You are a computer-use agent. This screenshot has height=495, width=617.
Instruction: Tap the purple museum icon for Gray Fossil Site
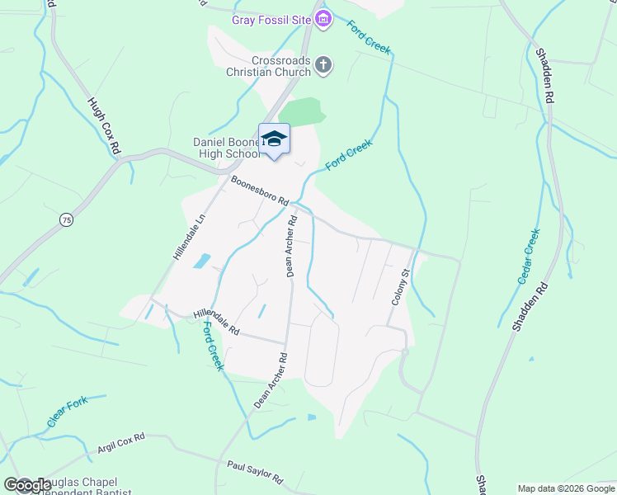(x=323, y=18)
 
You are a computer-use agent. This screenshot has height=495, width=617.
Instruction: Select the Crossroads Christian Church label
(x=269, y=66)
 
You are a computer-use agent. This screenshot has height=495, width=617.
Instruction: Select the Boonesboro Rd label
(x=260, y=191)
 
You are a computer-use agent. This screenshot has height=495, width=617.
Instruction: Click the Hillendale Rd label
(x=216, y=323)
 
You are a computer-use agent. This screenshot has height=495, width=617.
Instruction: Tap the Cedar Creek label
(x=528, y=257)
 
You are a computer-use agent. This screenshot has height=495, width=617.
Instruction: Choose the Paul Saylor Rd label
(x=255, y=473)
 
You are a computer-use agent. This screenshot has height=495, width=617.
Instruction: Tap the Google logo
(x=27, y=485)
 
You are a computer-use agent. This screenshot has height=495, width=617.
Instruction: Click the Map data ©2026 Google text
(x=565, y=488)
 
